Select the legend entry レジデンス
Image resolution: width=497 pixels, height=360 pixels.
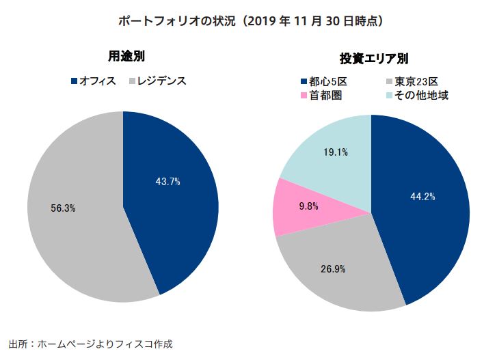[x=161, y=81]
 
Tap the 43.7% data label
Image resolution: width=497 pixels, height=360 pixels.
[x=168, y=182]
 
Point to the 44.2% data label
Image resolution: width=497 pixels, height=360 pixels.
[x=422, y=197]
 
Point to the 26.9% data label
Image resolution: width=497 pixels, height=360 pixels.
[x=333, y=268]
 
